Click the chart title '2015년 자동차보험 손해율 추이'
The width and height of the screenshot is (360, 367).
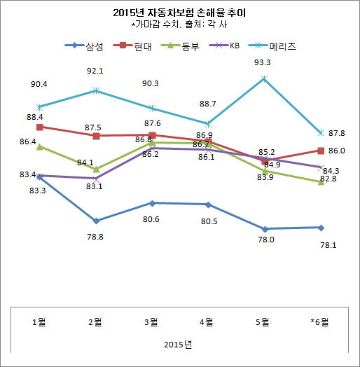pyautogui.click(x=180, y=13)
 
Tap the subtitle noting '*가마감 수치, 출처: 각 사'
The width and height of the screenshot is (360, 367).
pyautogui.click(x=180, y=25)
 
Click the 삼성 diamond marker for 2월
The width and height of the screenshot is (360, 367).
pyautogui.click(x=96, y=221)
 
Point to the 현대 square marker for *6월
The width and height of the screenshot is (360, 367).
pyautogui.click(x=320, y=151)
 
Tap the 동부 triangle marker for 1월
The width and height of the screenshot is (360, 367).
pyautogui.click(x=40, y=146)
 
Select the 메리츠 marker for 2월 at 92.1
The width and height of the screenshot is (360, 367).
pyautogui.click(x=96, y=90)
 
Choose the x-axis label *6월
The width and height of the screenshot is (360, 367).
pyautogui.click(x=319, y=321)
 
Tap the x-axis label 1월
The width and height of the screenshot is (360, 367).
pyautogui.click(x=40, y=321)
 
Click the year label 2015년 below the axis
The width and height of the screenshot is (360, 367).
pyautogui.click(x=179, y=345)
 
